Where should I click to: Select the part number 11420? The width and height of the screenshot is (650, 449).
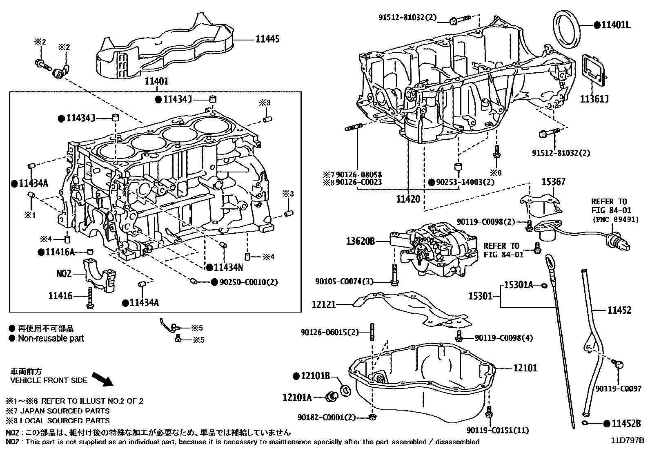point(408,199)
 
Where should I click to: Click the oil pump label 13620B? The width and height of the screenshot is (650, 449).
point(360,241)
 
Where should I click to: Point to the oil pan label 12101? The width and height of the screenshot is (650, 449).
point(525,368)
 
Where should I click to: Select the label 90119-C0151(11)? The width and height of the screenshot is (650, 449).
point(498,430)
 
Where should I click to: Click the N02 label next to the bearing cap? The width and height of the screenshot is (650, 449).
point(64,273)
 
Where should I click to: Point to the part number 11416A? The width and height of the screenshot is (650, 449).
point(60,252)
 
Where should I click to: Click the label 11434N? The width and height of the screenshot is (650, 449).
point(228,268)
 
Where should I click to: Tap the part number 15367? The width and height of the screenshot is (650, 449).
point(553,182)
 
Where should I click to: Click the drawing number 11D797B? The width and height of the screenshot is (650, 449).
point(627,440)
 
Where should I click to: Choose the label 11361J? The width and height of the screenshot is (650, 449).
point(594,99)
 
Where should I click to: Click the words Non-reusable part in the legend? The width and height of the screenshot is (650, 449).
point(51,338)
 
